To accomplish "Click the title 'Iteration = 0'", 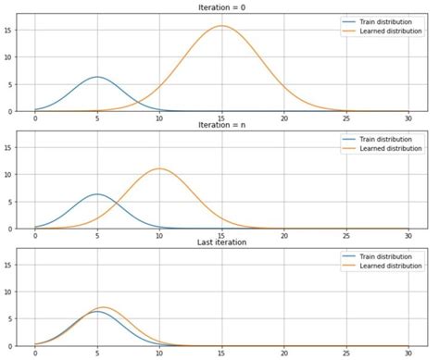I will coord(221,6).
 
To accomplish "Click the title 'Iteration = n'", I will coord(221,125).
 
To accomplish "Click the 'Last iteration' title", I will coord(221,242).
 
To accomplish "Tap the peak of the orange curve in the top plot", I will coord(221,26).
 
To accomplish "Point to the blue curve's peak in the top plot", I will coord(96,77).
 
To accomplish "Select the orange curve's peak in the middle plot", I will coord(159,168).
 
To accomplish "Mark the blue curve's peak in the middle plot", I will coord(96,194).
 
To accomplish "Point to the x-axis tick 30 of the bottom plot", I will coord(408,354).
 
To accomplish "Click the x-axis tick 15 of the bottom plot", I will coord(221,354).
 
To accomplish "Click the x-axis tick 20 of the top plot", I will coord(284,118).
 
